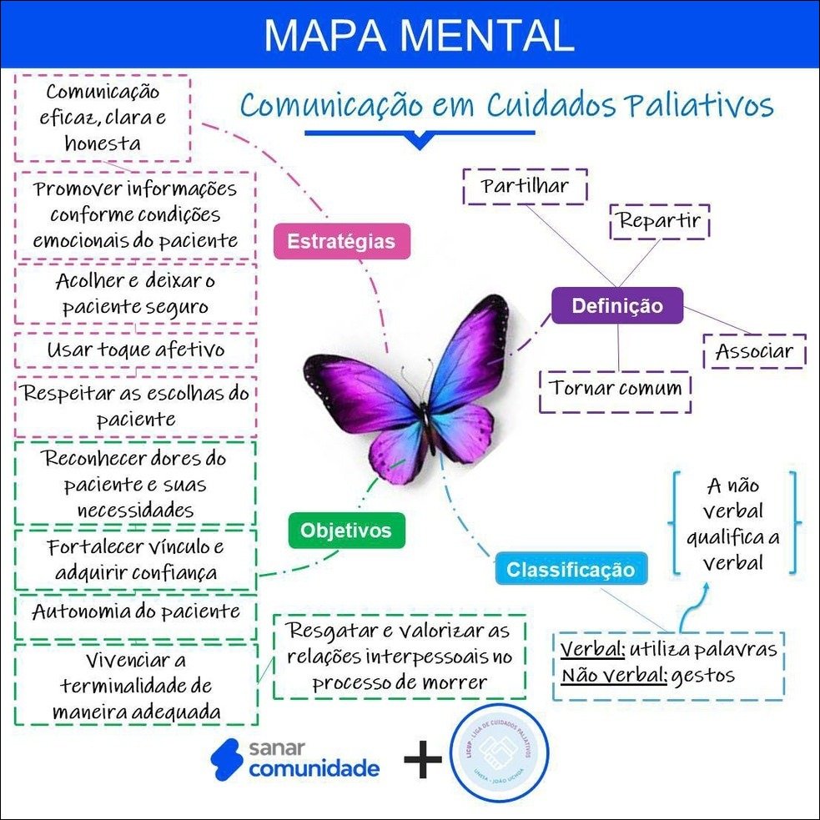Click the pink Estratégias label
pyautogui.click(x=342, y=242)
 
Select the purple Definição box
pyautogui.click(x=617, y=306)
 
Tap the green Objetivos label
pyautogui.click(x=345, y=530)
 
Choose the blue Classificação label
pyautogui.click(x=571, y=571)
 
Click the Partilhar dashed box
pyautogui.click(x=525, y=186)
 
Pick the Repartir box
pyautogui.click(x=659, y=222)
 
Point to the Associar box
pyautogui.click(x=754, y=351)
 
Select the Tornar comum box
pyautogui.click(x=616, y=389)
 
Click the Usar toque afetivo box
pyautogui.click(x=135, y=350)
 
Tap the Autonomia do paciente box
pyautogui.click(x=135, y=611)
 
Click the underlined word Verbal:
pyautogui.click(x=592, y=649)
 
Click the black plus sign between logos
pyautogui.click(x=423, y=761)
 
